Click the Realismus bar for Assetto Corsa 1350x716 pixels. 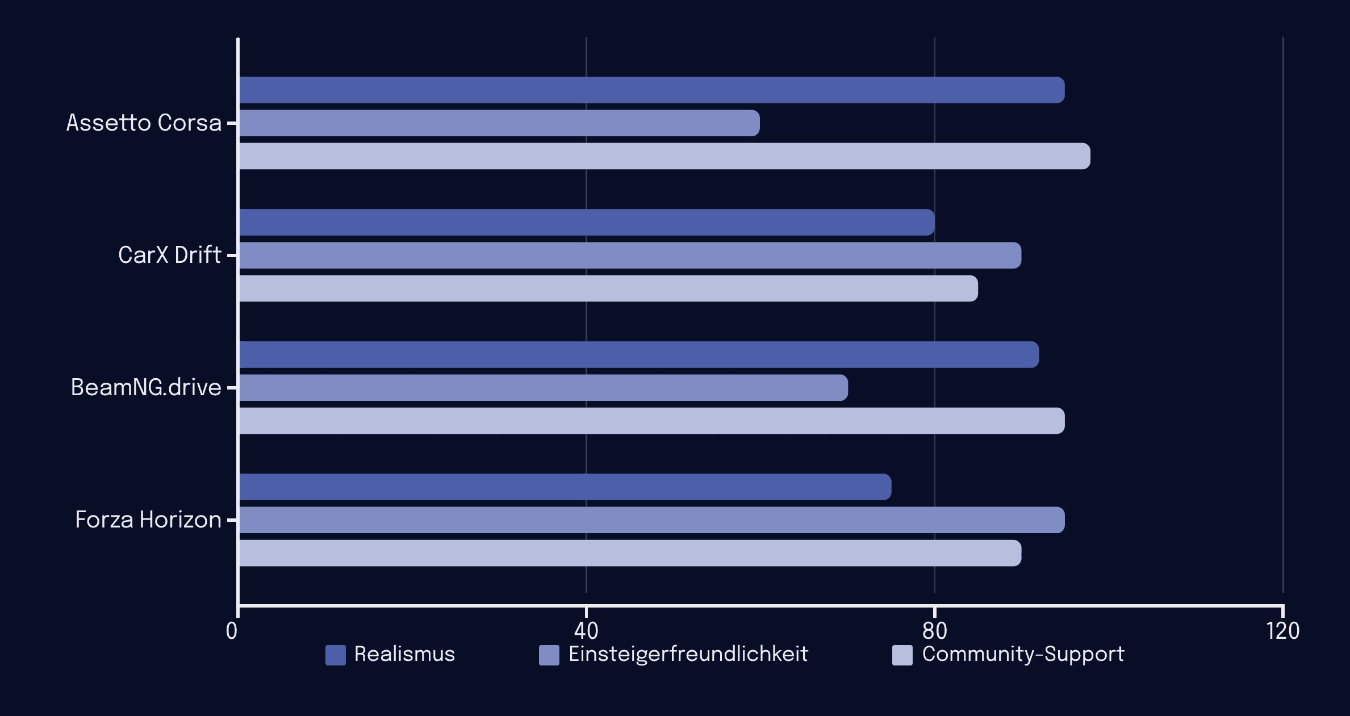[651, 90]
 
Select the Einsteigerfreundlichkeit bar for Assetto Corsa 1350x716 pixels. [499, 123]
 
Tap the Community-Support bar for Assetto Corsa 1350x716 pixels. [664, 156]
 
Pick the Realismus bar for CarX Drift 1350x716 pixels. [587, 223]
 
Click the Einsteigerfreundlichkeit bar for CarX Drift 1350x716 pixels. [630, 256]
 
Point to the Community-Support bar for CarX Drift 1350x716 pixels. [608, 288]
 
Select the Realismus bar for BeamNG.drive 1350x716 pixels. [639, 355]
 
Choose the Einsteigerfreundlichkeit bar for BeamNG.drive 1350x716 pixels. [544, 388]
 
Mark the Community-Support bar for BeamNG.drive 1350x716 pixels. [651, 421]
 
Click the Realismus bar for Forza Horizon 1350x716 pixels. [565, 487]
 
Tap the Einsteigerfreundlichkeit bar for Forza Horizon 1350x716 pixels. [651, 520]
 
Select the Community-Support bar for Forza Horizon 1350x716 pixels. [630, 553]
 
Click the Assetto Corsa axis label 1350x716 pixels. [144, 123]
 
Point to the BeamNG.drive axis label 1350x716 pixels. [146, 388]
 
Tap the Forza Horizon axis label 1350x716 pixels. [148, 520]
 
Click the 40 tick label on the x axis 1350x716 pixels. [586, 631]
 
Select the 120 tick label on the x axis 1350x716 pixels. [1282, 631]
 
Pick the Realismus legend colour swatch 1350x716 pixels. [336, 655]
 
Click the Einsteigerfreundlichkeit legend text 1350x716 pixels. [688, 654]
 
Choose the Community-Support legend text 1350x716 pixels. [1023, 654]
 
